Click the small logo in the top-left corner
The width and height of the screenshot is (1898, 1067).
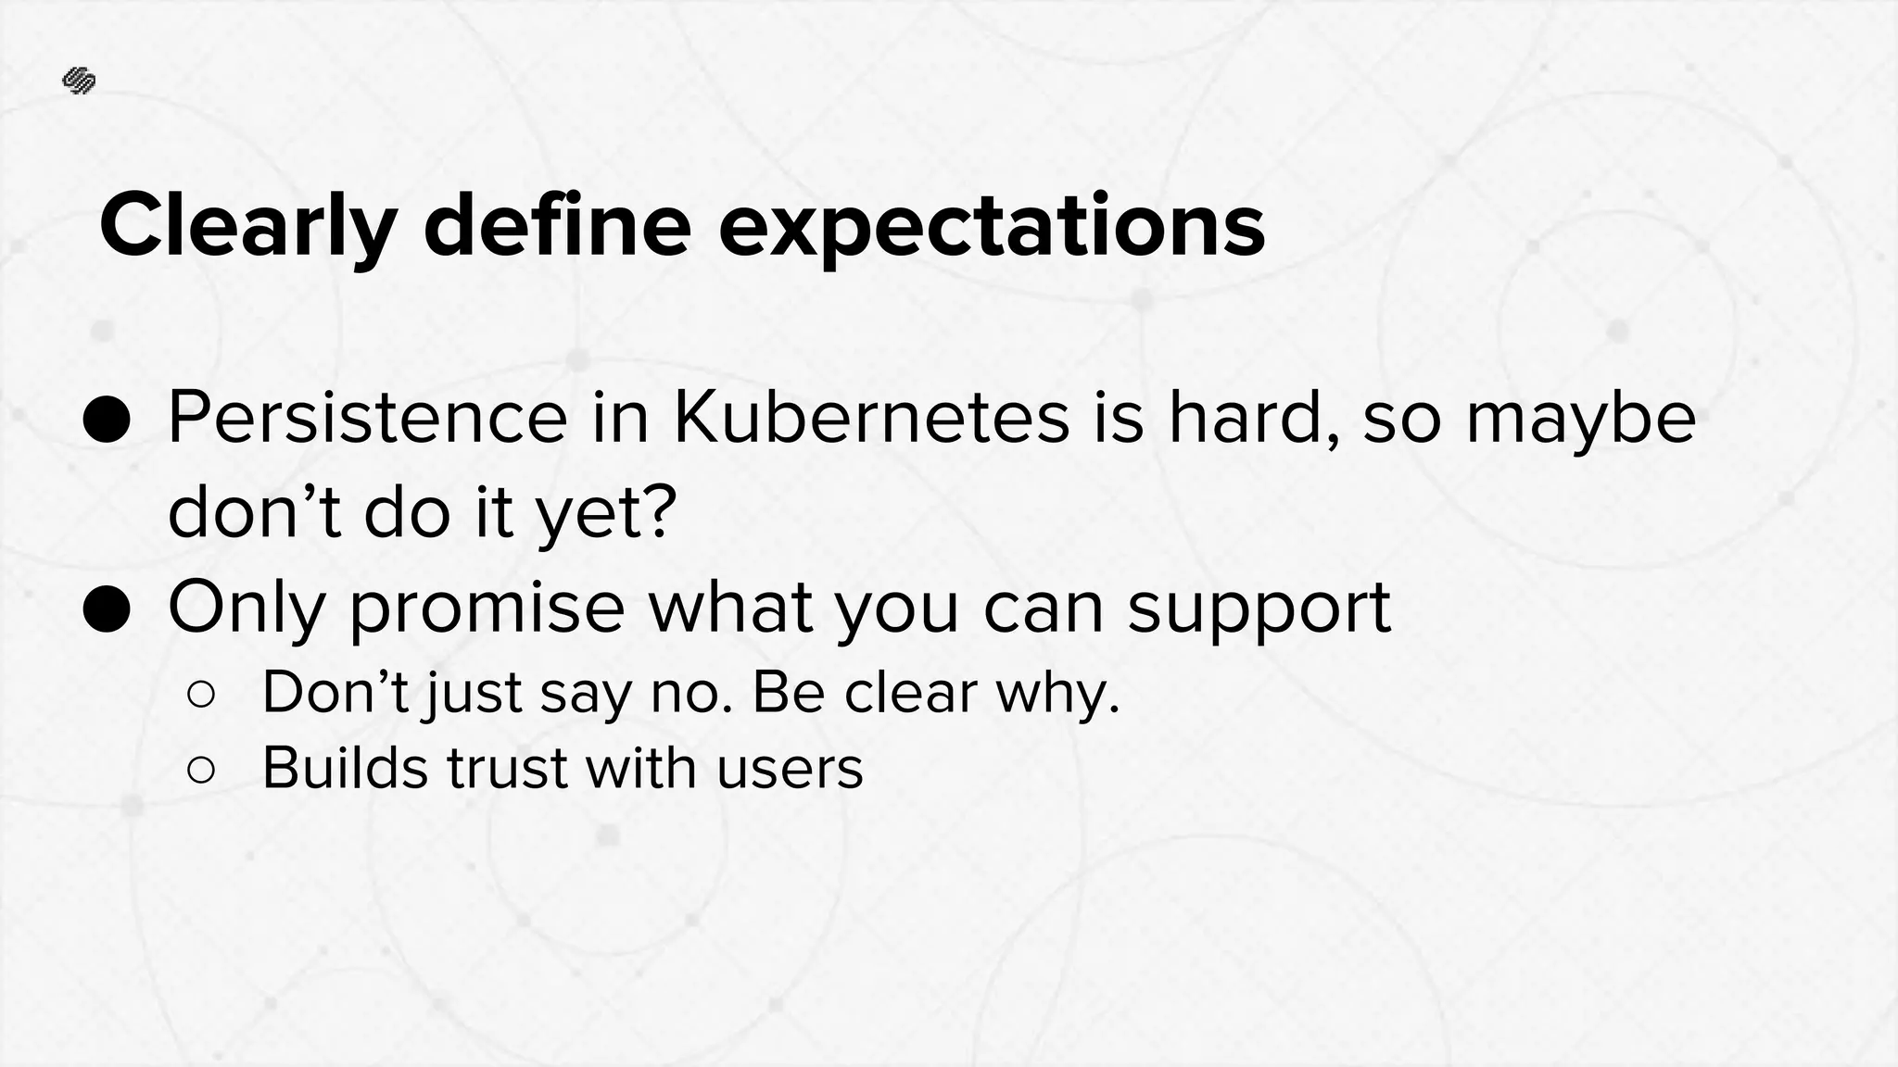coord(79,82)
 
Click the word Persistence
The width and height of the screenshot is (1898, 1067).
coord(367,419)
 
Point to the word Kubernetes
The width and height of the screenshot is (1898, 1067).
coord(871,419)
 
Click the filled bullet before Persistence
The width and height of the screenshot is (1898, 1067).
coord(107,421)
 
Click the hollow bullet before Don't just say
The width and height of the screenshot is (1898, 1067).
coord(201,694)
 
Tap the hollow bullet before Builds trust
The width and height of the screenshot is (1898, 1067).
coord(201,770)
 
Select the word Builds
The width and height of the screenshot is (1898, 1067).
coord(345,768)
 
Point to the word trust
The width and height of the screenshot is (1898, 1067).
coord(507,769)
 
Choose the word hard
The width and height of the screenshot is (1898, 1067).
coord(1251,419)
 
